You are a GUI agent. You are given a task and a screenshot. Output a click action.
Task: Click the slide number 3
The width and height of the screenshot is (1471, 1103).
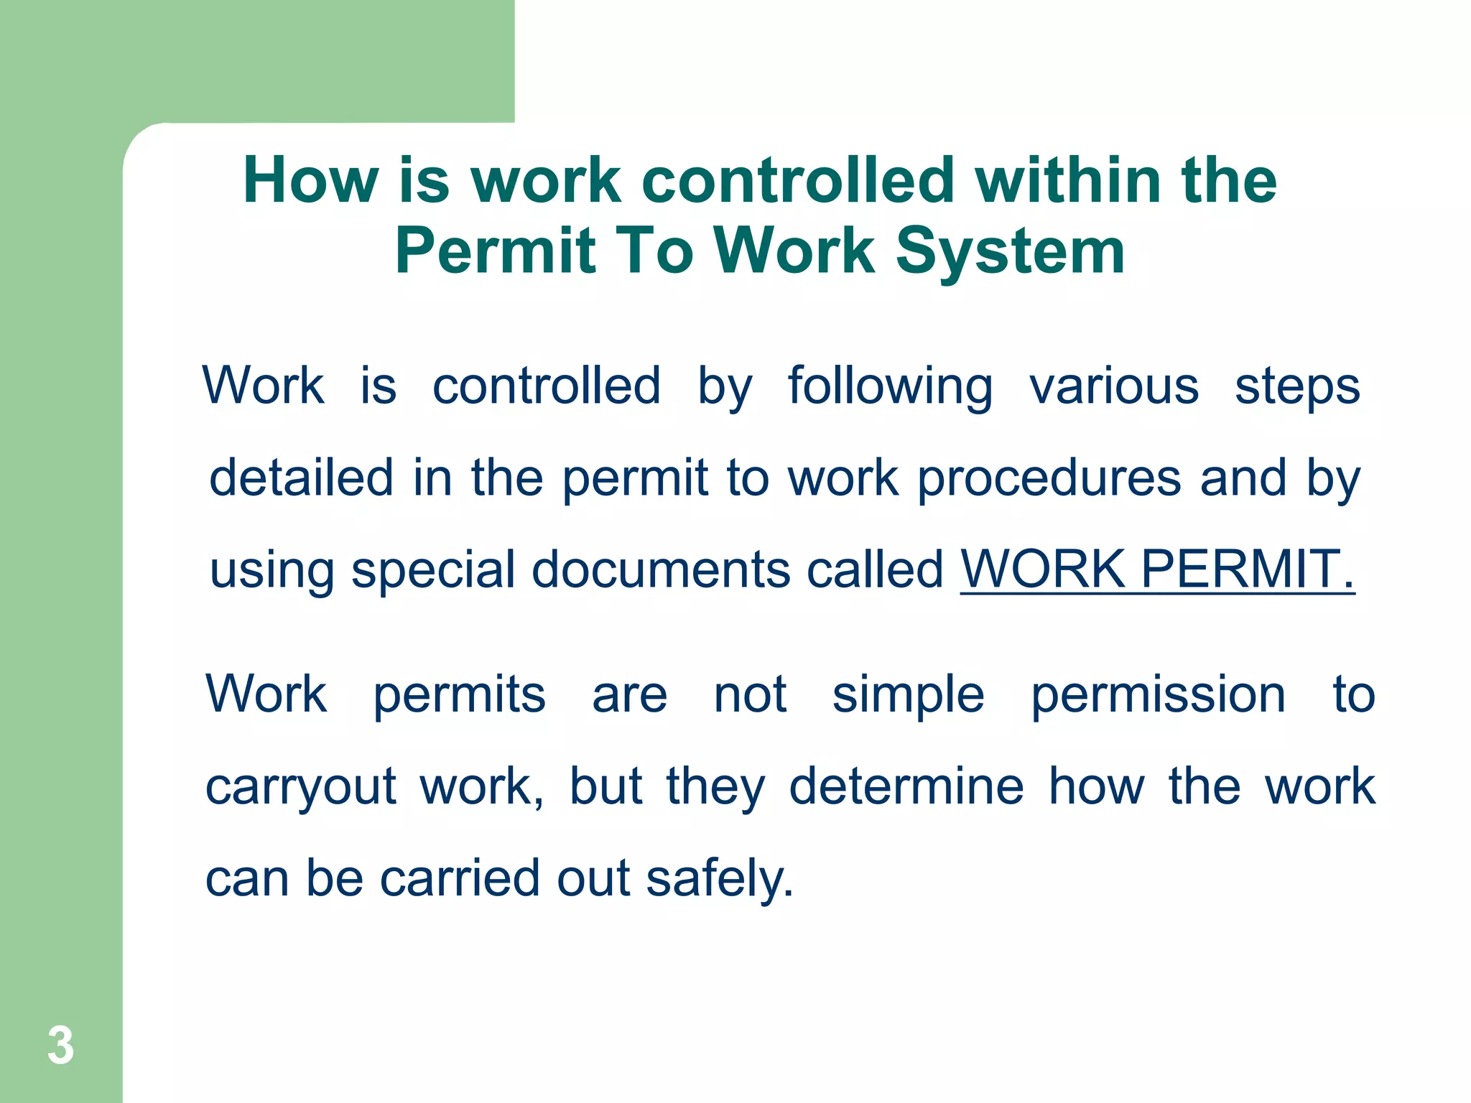click(61, 1046)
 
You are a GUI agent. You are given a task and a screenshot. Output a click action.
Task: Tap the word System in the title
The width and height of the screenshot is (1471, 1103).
click(1010, 251)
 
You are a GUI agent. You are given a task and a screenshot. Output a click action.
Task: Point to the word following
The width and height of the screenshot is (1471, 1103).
click(890, 388)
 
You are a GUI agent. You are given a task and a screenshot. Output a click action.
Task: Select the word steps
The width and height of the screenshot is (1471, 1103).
click(1297, 388)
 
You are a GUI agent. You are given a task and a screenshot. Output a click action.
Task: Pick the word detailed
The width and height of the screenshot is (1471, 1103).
click(301, 478)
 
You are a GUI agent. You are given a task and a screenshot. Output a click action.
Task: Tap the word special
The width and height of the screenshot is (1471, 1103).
click(433, 571)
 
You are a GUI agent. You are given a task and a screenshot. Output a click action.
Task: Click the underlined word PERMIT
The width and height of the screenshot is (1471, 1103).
click(1246, 569)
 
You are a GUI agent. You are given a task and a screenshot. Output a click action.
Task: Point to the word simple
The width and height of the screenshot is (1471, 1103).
click(908, 696)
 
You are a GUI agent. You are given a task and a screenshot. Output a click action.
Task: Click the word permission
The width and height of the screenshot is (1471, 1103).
click(1158, 696)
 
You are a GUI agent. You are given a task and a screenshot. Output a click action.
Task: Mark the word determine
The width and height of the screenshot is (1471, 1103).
click(906, 786)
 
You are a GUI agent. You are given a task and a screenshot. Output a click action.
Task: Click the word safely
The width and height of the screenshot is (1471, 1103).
click(720, 879)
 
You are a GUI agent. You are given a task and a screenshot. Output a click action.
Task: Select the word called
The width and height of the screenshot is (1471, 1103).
click(875, 569)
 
